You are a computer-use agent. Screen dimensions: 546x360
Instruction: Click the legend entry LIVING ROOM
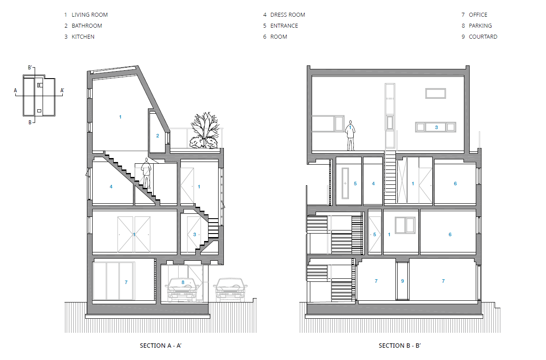(x=90, y=15)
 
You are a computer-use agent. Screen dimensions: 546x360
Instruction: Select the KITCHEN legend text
(x=83, y=37)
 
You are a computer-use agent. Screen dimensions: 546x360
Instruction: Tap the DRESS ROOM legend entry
(x=287, y=15)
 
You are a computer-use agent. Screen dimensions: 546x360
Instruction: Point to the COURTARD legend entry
(x=483, y=37)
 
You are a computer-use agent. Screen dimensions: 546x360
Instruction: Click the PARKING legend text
(x=480, y=26)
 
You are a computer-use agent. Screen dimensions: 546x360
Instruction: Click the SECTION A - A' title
(x=161, y=346)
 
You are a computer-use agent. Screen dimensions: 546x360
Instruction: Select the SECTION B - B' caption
(x=400, y=346)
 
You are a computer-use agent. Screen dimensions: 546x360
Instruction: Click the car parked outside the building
(x=230, y=290)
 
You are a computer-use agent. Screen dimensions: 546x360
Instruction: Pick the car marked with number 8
(x=182, y=290)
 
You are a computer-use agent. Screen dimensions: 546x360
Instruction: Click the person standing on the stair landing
(x=146, y=173)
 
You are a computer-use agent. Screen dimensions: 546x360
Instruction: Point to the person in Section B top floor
(x=350, y=136)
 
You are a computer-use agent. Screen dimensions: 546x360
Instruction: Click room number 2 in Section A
(x=158, y=136)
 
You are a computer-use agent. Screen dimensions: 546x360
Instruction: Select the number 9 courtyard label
(x=402, y=281)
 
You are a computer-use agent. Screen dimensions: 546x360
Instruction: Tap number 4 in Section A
(x=111, y=187)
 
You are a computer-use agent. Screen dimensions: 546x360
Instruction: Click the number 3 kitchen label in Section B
(x=436, y=127)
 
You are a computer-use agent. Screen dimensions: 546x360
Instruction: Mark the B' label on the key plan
(x=30, y=68)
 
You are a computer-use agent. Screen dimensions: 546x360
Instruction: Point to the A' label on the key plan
(x=62, y=91)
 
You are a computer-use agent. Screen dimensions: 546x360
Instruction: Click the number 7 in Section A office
(x=126, y=282)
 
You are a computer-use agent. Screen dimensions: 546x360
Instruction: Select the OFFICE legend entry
(x=478, y=15)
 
